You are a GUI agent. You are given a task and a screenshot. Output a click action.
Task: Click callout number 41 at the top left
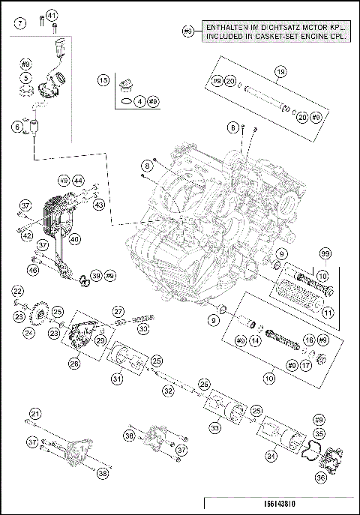pos(52,15)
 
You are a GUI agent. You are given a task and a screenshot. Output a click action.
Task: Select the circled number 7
pos(20,23)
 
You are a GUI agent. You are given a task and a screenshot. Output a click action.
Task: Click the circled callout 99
pos(324,256)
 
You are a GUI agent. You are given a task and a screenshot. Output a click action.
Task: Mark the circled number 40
pos(75,240)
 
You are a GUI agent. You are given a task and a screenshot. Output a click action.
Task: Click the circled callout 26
pos(74,364)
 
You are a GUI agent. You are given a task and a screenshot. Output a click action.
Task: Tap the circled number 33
pos(214,428)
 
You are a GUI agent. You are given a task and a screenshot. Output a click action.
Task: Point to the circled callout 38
pos(102,473)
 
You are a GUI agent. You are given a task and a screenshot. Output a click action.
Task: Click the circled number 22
pos(17,292)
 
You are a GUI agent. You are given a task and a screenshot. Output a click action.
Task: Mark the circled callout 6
pos(17,127)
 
